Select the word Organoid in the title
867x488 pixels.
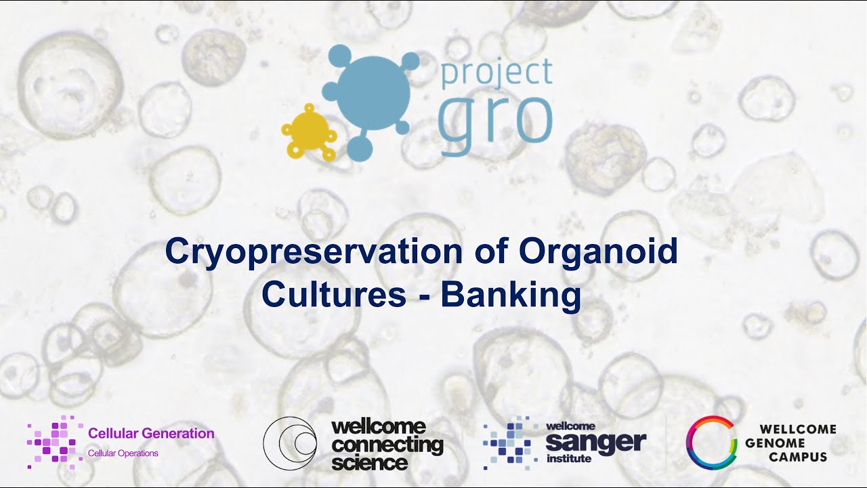point(598,252)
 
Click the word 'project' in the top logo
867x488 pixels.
point(496,73)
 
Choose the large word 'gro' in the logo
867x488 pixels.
point(495,120)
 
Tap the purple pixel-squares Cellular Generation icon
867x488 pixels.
point(54,442)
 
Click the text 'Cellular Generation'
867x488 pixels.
point(151,433)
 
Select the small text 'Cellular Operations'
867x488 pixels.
point(123,453)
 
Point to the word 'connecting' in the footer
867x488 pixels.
point(387,445)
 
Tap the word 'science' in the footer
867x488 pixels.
point(369,463)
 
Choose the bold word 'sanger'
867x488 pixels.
point(595,443)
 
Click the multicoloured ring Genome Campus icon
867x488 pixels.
point(711,443)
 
